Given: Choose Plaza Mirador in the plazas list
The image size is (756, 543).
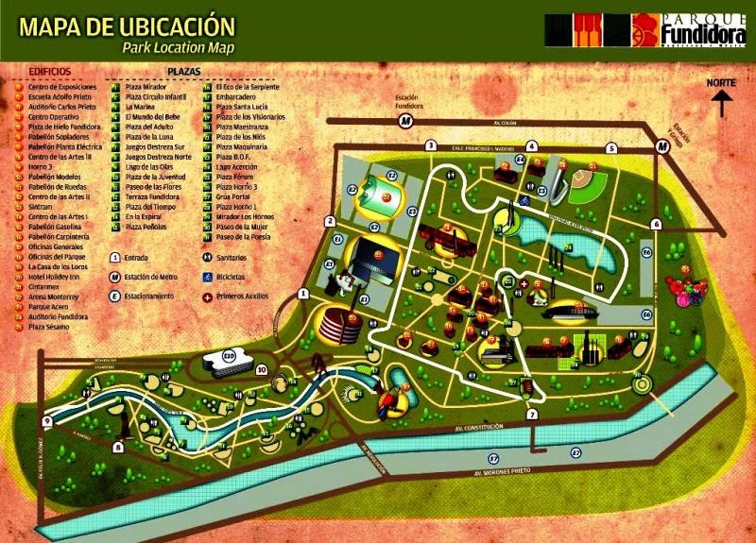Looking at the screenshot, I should coord(145,85).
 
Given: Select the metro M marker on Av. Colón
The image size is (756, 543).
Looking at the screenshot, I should coord(405,122).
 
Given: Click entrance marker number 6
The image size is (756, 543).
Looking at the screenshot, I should coord(655,224).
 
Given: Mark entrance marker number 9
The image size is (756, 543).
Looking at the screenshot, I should coord(47,421).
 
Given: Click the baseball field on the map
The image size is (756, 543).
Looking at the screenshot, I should coord(589,184).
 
